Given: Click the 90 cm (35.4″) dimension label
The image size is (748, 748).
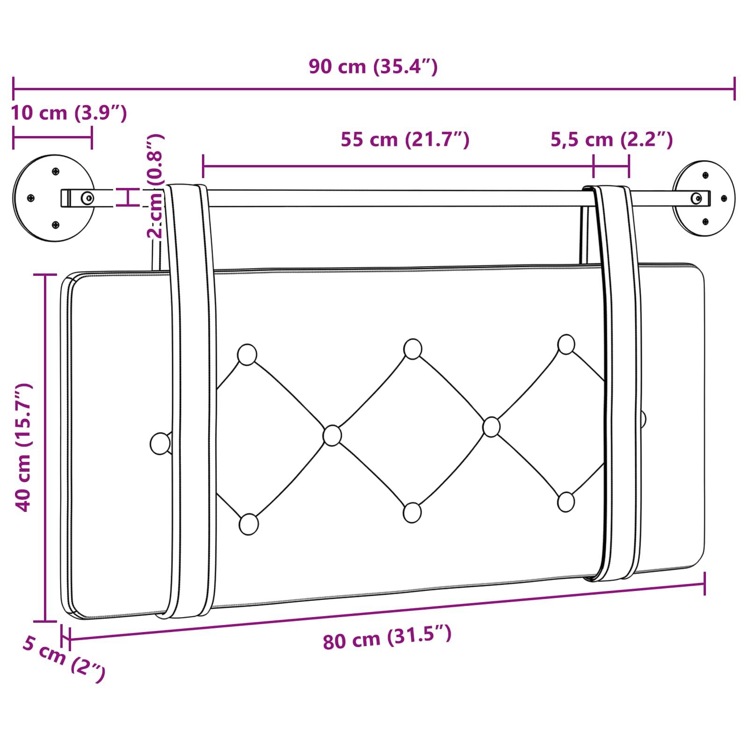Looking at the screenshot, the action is click(373, 67).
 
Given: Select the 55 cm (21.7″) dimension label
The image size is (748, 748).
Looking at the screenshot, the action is click(405, 139).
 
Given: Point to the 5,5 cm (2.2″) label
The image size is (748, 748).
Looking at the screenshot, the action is click(611, 139).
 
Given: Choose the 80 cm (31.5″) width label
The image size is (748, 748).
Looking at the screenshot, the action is click(387, 638).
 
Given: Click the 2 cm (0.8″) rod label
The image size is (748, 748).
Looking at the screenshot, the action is click(155, 186).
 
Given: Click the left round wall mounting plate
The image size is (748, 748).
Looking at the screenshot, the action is click(53, 198).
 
